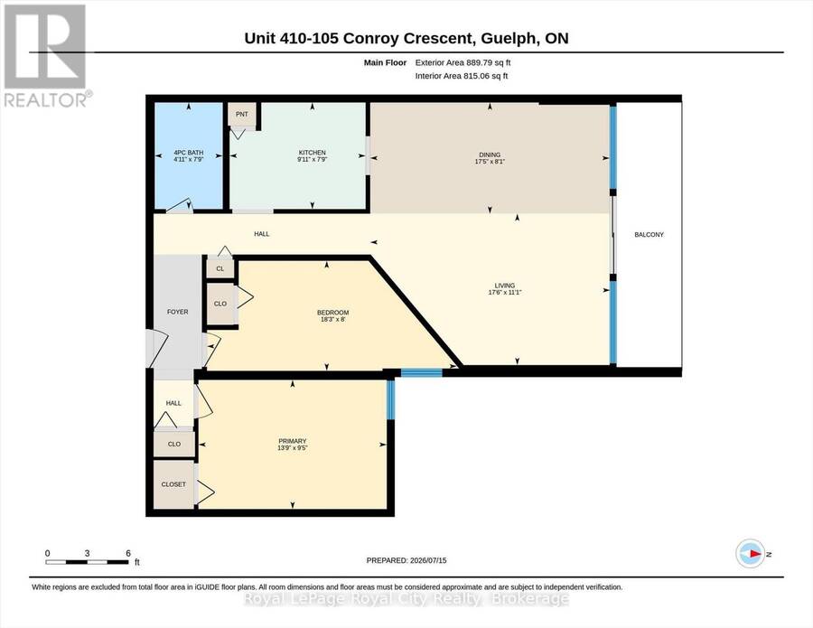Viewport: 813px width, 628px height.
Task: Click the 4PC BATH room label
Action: [x=188, y=153]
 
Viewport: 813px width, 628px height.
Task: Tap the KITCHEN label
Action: [x=313, y=153]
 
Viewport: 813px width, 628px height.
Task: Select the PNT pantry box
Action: [x=242, y=114]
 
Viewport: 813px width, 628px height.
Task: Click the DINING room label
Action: [x=490, y=155]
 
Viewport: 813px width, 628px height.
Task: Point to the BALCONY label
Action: [x=649, y=234]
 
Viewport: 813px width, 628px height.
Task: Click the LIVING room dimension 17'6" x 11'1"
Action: [x=504, y=293]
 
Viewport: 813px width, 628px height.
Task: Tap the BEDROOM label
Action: [x=332, y=313]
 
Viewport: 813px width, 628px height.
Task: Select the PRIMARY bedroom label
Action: [x=293, y=441]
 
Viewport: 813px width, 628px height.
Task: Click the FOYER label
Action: [x=177, y=312]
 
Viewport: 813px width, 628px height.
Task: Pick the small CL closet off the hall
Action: [x=220, y=268]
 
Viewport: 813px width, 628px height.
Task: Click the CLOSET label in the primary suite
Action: [x=173, y=484]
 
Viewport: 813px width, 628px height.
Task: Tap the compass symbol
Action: [x=751, y=554]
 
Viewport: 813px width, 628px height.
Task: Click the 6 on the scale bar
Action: [x=128, y=553]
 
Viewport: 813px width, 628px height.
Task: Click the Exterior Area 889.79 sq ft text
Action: [x=463, y=62]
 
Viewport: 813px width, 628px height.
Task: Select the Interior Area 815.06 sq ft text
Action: [x=462, y=76]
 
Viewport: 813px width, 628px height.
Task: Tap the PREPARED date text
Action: [x=406, y=560]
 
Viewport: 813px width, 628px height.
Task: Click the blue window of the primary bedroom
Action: [x=391, y=399]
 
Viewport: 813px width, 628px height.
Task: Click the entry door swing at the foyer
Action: [x=157, y=347]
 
